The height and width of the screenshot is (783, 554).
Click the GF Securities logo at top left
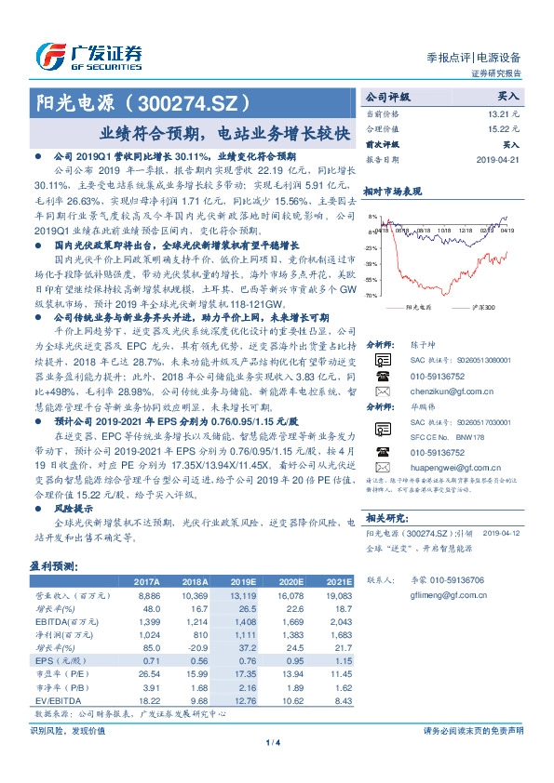coord(89,55)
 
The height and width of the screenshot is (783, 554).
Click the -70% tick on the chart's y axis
coord(372,295)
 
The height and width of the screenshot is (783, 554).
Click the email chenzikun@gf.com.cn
coord(442,393)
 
